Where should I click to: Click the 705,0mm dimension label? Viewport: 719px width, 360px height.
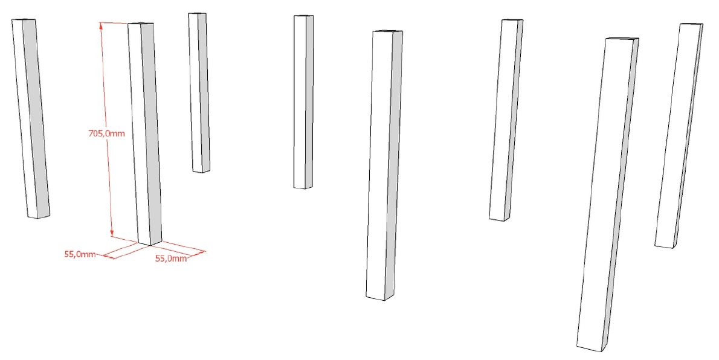pos(106,133)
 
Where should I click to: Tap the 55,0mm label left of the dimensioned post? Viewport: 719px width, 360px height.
pos(80,254)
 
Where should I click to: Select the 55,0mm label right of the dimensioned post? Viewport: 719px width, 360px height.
pos(171,258)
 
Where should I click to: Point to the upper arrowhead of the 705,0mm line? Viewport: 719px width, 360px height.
pos(101,25)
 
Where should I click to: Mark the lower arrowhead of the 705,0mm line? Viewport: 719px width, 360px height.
pos(112,233)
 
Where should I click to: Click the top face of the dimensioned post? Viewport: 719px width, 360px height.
pos(140,24)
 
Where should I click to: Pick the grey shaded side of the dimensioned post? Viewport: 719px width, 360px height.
pos(151,133)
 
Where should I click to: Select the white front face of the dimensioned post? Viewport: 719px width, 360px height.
pos(139,133)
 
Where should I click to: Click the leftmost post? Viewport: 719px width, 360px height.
pos(30,118)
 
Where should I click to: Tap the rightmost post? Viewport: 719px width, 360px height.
pos(679,135)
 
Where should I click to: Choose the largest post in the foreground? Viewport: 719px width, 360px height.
pos(608,194)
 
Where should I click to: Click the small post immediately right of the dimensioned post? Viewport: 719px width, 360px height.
pos(199,92)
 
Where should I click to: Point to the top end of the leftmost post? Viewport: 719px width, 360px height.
pos(24,20)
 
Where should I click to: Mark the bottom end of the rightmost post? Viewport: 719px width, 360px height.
pos(665,246)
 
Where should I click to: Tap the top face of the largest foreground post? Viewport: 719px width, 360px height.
pos(622,39)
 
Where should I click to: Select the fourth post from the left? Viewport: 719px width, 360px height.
pos(303,102)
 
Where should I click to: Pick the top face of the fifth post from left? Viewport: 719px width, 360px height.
pos(387,31)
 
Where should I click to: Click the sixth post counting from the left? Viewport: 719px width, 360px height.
pos(506,120)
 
